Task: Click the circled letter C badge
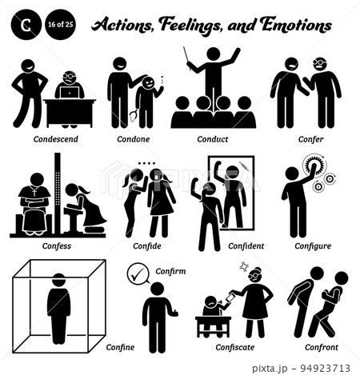pos(26,25)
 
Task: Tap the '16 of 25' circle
pos(61,25)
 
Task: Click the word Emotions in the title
pos(296,25)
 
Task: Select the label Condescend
pos(56,139)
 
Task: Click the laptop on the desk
pos(70,92)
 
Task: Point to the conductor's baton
pos(186,58)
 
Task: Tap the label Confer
pos(310,139)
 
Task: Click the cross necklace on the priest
pos(34,191)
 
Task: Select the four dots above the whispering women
pos(146,163)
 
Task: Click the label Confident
pos(246,246)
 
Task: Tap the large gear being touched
pos(314,165)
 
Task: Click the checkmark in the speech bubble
pos(138,273)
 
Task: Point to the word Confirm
pos(170,271)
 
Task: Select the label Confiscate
pos(235,347)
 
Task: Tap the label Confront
pos(322,347)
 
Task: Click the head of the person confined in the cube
pos(58,280)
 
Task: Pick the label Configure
pos(313,246)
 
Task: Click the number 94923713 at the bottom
pos(325,368)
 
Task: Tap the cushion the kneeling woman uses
pos(94,229)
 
